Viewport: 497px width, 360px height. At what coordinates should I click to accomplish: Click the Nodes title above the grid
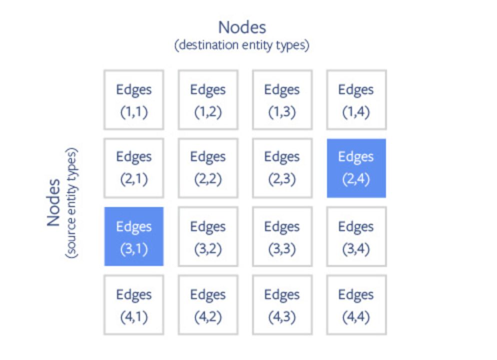pos(242,26)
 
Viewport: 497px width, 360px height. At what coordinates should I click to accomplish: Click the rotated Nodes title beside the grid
pos(54,203)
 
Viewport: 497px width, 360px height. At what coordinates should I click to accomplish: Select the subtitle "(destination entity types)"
pos(242,45)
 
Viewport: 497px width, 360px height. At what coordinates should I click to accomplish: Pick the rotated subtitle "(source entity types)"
pos(71,203)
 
